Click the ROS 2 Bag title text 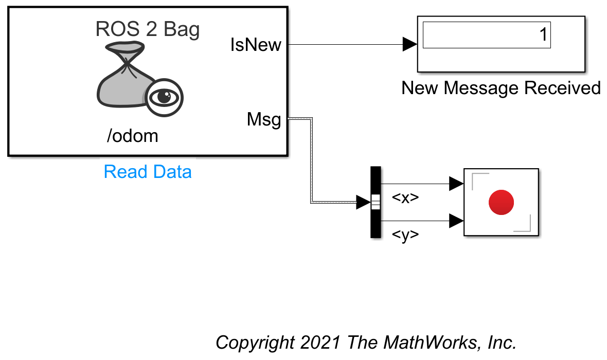coord(148,30)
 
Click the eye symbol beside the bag coord(164,97)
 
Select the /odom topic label coord(132,136)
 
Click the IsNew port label coord(256,45)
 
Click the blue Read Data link coord(148,171)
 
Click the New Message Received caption coord(501,88)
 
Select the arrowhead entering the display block coord(410,45)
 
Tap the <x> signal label coord(405,198)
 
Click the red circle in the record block coord(501,202)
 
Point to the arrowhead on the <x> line coord(456,184)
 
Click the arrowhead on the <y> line coord(456,221)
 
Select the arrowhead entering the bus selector coord(363,203)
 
